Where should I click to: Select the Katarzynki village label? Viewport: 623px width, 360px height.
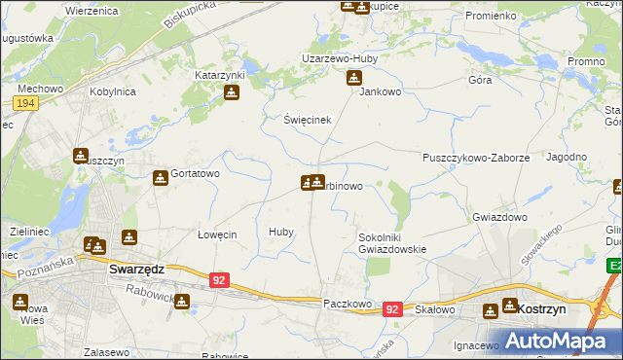point(220,75)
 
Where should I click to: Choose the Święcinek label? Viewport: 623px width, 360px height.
point(308,120)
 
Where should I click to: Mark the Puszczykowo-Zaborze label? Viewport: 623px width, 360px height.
point(475,157)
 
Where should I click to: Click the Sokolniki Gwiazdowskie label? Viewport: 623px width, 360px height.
point(392,242)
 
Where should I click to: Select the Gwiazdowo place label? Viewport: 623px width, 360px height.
point(499,217)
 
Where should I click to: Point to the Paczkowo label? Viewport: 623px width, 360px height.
point(348,304)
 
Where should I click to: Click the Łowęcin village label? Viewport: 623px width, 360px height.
point(217,234)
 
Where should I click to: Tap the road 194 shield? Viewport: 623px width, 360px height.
point(26,103)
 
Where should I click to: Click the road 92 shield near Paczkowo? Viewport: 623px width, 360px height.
point(392,308)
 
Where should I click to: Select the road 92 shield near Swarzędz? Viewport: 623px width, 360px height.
point(220,280)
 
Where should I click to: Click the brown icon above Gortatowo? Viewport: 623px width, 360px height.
point(161,179)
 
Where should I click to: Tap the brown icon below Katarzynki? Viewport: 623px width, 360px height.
point(232,93)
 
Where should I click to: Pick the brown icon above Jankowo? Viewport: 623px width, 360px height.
point(354,78)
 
